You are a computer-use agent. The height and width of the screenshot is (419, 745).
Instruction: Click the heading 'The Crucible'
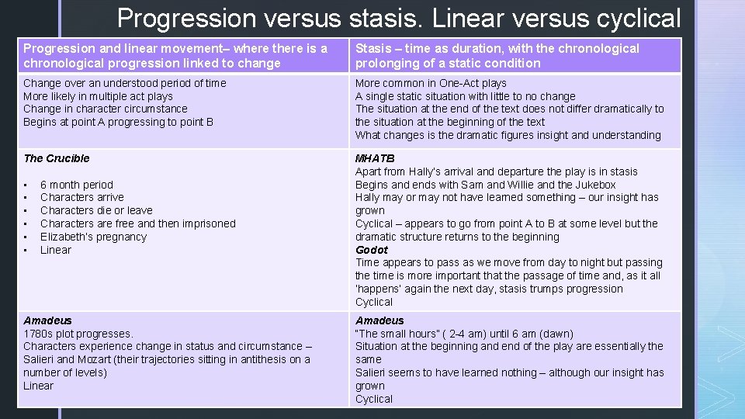pyautogui.click(x=57, y=158)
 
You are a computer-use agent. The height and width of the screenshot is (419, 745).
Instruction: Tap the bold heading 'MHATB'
pyautogui.click(x=375, y=158)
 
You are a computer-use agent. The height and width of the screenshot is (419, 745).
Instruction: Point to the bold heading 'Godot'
pyautogui.click(x=371, y=250)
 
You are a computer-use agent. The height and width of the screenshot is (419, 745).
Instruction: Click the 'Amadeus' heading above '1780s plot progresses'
pyautogui.click(x=47, y=320)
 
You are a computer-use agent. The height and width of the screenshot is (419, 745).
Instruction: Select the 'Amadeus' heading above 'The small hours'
pyautogui.click(x=379, y=320)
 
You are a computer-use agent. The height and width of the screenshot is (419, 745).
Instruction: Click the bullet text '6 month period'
pyautogui.click(x=77, y=185)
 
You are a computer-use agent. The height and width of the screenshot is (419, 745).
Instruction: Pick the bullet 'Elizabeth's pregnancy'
pyautogui.click(x=93, y=237)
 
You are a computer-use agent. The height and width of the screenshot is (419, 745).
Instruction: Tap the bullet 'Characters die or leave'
pyautogui.click(x=96, y=210)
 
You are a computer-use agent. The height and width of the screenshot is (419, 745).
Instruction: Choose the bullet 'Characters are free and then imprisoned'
pyautogui.click(x=137, y=223)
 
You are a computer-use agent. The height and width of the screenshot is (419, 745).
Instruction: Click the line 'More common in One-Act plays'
pyautogui.click(x=431, y=83)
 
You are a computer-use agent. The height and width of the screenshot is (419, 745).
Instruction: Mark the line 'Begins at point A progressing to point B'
pyautogui.click(x=119, y=122)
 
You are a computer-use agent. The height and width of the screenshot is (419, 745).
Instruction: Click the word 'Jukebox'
pyautogui.click(x=596, y=185)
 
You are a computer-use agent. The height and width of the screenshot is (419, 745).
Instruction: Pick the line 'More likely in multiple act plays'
pyautogui.click(x=98, y=96)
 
